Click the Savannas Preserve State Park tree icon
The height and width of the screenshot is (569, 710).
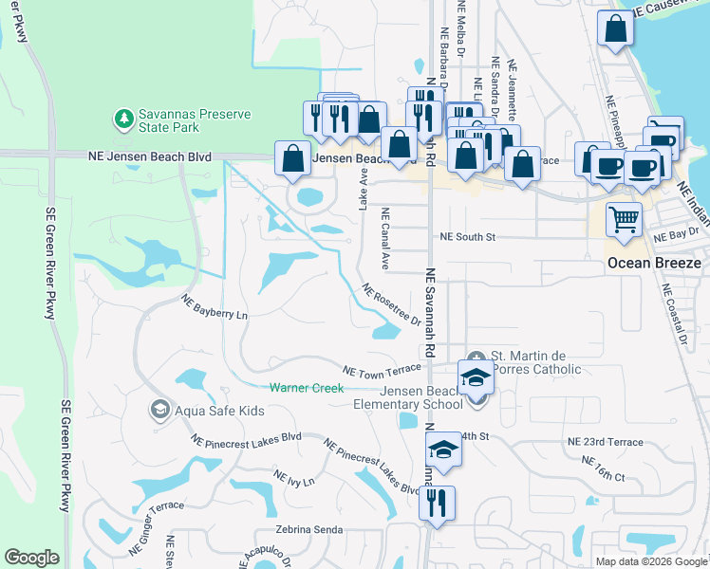point(122,119)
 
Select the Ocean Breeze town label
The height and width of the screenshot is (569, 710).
point(654,263)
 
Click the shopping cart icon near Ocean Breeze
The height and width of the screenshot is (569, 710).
point(625,220)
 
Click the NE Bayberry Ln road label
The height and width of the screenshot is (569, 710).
point(215,307)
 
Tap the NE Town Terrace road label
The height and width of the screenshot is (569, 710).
point(382,371)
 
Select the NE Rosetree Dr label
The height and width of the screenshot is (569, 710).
point(390,305)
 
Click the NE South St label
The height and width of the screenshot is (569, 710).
point(468,237)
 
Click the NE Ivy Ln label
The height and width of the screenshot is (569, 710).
point(293,480)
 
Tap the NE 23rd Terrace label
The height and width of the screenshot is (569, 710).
point(605,442)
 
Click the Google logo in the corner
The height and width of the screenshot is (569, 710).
point(31,558)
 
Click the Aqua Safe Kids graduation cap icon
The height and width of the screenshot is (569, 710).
point(159,409)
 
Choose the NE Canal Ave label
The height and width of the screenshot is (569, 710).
point(385,238)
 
